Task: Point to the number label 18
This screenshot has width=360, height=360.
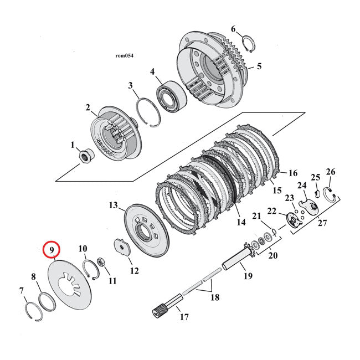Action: click(214, 297)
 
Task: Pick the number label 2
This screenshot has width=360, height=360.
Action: click(87, 108)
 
